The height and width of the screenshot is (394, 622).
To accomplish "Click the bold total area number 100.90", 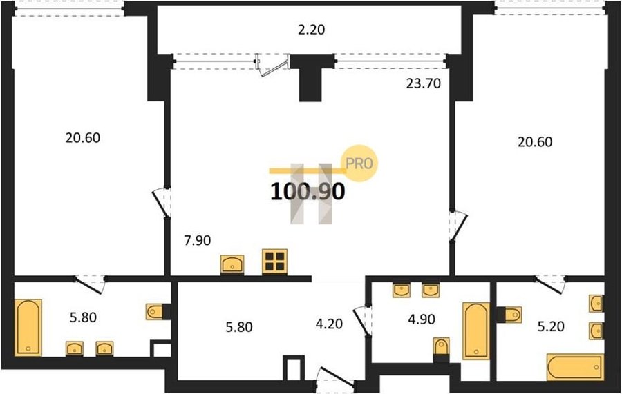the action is click(x=308, y=192).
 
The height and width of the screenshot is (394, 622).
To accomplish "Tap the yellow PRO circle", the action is click(x=360, y=163).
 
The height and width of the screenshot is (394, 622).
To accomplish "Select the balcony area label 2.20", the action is click(x=312, y=30).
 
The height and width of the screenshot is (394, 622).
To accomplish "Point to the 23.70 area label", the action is click(x=423, y=83).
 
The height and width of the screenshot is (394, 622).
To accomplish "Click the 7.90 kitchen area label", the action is click(x=197, y=240).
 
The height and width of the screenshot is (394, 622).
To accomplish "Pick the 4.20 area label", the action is click(x=329, y=324).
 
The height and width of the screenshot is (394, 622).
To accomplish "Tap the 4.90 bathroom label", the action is click(x=422, y=319).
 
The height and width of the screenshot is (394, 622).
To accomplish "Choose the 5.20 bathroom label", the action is click(x=551, y=326).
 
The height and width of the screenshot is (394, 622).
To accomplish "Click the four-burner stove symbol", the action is click(x=274, y=262).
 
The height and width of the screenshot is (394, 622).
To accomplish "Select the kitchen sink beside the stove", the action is click(x=232, y=264).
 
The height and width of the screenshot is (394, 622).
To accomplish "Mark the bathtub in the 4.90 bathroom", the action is click(x=476, y=331).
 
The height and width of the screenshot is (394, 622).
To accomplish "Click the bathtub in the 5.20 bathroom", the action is click(x=575, y=368).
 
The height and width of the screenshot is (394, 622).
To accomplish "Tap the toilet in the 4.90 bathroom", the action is click(x=441, y=348).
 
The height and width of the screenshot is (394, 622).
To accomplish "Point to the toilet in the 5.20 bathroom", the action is click(x=509, y=315).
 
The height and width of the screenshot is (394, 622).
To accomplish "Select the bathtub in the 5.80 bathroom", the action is click(x=28, y=328).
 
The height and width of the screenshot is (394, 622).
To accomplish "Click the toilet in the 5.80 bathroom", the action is click(x=157, y=312).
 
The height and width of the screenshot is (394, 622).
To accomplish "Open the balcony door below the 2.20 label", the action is click(x=272, y=65).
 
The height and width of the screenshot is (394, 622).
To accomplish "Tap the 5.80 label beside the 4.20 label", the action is click(x=239, y=327).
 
